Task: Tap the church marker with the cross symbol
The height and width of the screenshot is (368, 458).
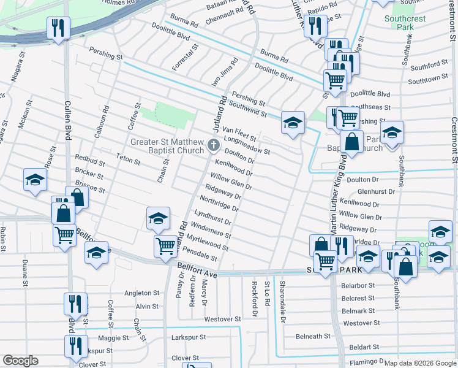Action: tap(214, 145)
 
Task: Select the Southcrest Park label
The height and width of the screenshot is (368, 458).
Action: tap(405, 23)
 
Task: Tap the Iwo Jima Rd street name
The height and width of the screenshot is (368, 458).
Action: tap(224, 72)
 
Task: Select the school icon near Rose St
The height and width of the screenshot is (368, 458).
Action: tap(35, 180)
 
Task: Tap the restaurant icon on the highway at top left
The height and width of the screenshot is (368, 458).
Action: tap(58, 28)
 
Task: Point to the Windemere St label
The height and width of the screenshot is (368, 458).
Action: tap(211, 231)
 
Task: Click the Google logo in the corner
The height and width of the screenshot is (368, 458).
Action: tap(20, 361)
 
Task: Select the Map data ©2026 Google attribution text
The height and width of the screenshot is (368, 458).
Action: tap(419, 363)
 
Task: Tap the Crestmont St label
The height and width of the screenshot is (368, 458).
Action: tap(454, 141)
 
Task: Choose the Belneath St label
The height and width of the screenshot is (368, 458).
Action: tap(313, 336)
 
